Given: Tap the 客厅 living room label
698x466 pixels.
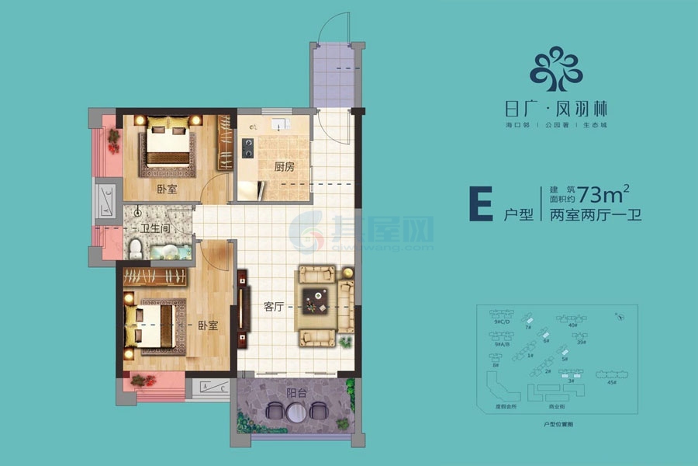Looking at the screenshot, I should pos(272,307).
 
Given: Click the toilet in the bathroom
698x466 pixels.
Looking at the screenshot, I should pos(135,248).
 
